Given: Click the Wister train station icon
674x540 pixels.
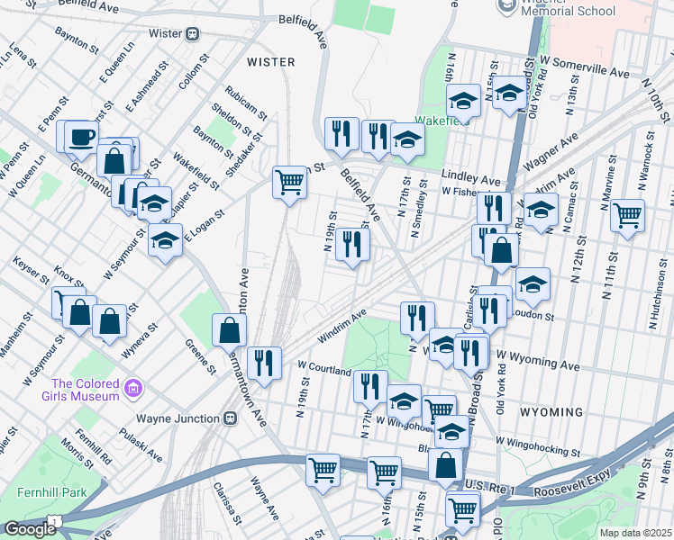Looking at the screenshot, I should tap(192, 34).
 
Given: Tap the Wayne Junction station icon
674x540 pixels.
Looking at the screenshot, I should tap(231, 418).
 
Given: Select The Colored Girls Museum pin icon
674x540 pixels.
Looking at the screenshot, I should tap(132, 389).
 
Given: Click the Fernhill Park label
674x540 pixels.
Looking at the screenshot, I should tap(44, 493).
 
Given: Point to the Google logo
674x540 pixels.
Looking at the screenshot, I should tap(30, 529).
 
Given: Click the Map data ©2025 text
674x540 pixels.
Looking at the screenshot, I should tap(635, 533).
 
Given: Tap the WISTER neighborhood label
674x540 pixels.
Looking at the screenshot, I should tap(270, 62).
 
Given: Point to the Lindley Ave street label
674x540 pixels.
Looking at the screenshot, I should tap(470, 179).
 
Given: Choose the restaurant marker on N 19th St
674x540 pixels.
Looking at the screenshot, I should tap(352, 245).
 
